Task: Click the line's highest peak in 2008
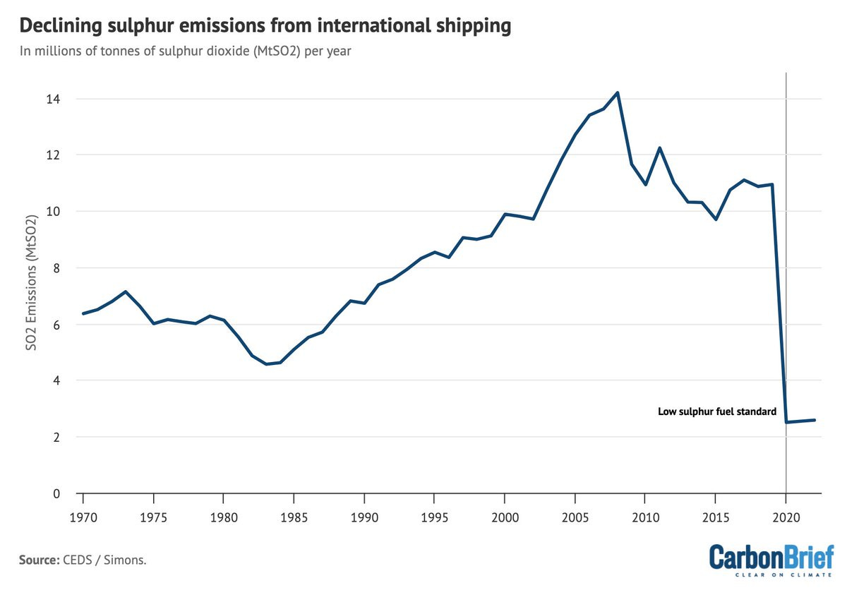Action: coord(618,92)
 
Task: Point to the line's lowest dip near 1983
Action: coord(265,364)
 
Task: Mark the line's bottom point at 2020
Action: coord(786,422)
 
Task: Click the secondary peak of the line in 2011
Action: coord(659,148)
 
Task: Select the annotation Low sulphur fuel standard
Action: coord(717,411)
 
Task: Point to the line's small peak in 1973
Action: coord(125,291)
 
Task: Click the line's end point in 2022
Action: coord(815,420)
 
